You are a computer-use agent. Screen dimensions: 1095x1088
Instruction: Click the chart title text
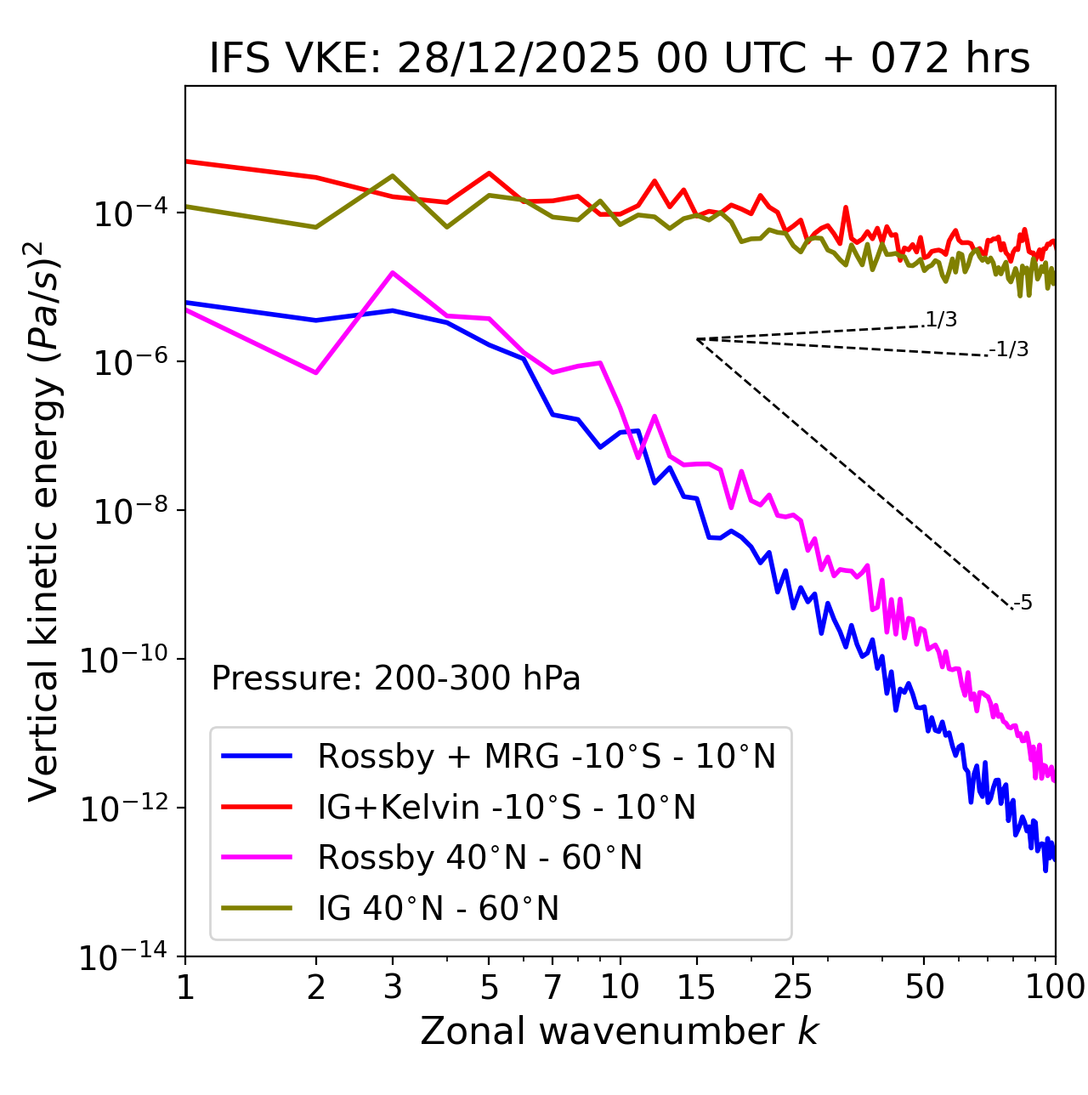point(620,60)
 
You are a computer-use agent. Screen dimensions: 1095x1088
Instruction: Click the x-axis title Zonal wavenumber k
point(620,1031)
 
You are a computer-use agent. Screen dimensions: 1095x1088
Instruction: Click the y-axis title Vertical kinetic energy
point(45,520)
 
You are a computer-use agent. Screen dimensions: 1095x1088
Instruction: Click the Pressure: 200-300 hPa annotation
point(396,678)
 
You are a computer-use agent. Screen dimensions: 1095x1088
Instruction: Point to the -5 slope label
point(1023,604)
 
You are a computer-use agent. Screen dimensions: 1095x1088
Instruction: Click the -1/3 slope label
point(1010,349)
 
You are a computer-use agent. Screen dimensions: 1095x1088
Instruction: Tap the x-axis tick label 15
point(696,987)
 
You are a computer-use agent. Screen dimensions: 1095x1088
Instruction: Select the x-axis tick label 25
point(792,987)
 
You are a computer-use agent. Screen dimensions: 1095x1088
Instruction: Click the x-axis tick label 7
point(552,987)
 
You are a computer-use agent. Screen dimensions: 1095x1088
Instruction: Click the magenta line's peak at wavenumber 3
point(392,272)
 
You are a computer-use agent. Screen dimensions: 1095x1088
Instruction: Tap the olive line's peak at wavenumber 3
point(392,176)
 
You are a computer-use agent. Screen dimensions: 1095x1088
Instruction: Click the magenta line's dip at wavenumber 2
point(316,373)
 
